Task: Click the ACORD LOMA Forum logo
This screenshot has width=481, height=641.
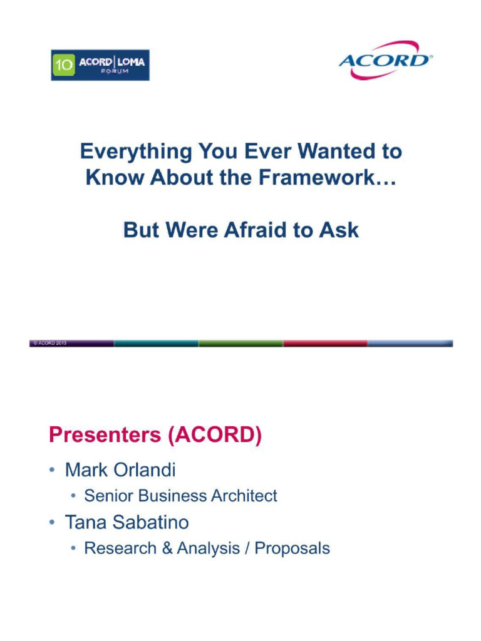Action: coord(100,65)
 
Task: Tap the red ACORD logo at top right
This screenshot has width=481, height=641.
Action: coord(385,61)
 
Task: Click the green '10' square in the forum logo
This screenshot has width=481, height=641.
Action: coord(63,65)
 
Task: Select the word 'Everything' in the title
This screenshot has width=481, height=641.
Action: coord(136,151)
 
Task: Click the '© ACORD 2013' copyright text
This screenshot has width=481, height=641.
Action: coord(50,343)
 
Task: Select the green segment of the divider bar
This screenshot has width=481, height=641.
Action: coord(240,343)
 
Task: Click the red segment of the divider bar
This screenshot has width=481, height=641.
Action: coord(325,343)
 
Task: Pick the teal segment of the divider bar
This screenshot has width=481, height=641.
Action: coord(156,343)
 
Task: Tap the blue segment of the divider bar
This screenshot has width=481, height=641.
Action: coord(410,343)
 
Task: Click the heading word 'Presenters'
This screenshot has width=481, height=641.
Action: coord(105,436)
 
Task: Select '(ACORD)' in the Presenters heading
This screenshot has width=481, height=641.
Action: coord(215,436)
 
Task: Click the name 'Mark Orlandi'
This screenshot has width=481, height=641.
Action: coord(120,469)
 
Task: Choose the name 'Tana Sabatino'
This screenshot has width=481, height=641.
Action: coord(127,522)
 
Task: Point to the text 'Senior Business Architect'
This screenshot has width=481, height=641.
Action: coord(180,496)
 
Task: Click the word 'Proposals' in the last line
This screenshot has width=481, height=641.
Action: coord(292,549)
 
